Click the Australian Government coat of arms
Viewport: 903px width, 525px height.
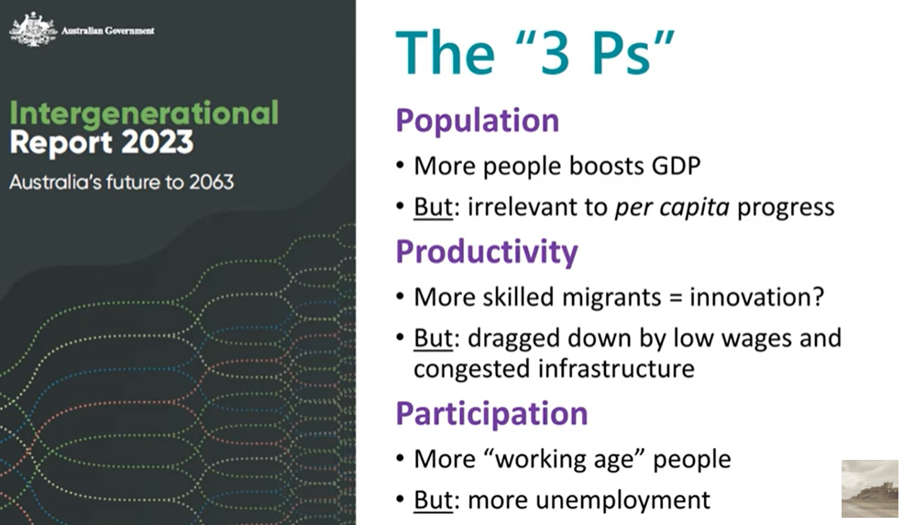pyautogui.click(x=33, y=28)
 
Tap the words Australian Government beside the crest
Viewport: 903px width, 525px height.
pyautogui.click(x=107, y=30)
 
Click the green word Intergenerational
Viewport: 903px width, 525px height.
pyautogui.click(x=144, y=113)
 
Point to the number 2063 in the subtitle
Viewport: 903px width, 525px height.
pyautogui.click(x=212, y=182)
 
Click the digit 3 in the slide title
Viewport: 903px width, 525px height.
pyautogui.click(x=556, y=53)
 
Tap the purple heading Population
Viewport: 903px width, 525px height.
pyautogui.click(x=478, y=121)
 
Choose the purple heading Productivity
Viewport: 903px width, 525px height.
pyautogui.click(x=487, y=251)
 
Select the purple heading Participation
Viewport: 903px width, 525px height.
pyautogui.click(x=491, y=414)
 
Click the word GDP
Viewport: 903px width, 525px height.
pyautogui.click(x=676, y=166)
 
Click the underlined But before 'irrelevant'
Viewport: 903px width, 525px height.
pyautogui.click(x=433, y=207)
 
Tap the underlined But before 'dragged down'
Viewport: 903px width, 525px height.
pyautogui.click(x=433, y=339)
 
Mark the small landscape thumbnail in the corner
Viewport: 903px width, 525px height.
pyautogui.click(x=870, y=488)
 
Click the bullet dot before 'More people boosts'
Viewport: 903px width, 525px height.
pyautogui.click(x=401, y=166)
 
